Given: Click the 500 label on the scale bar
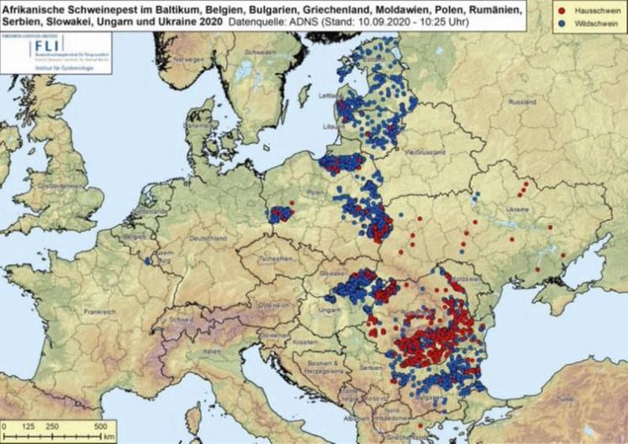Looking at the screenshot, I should click(98, 425).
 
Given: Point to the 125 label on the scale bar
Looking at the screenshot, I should click(30, 425).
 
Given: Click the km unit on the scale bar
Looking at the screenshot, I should click(110, 436).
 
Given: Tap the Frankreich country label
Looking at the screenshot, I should click(99, 311).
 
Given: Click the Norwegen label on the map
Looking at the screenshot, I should click(189, 61).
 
